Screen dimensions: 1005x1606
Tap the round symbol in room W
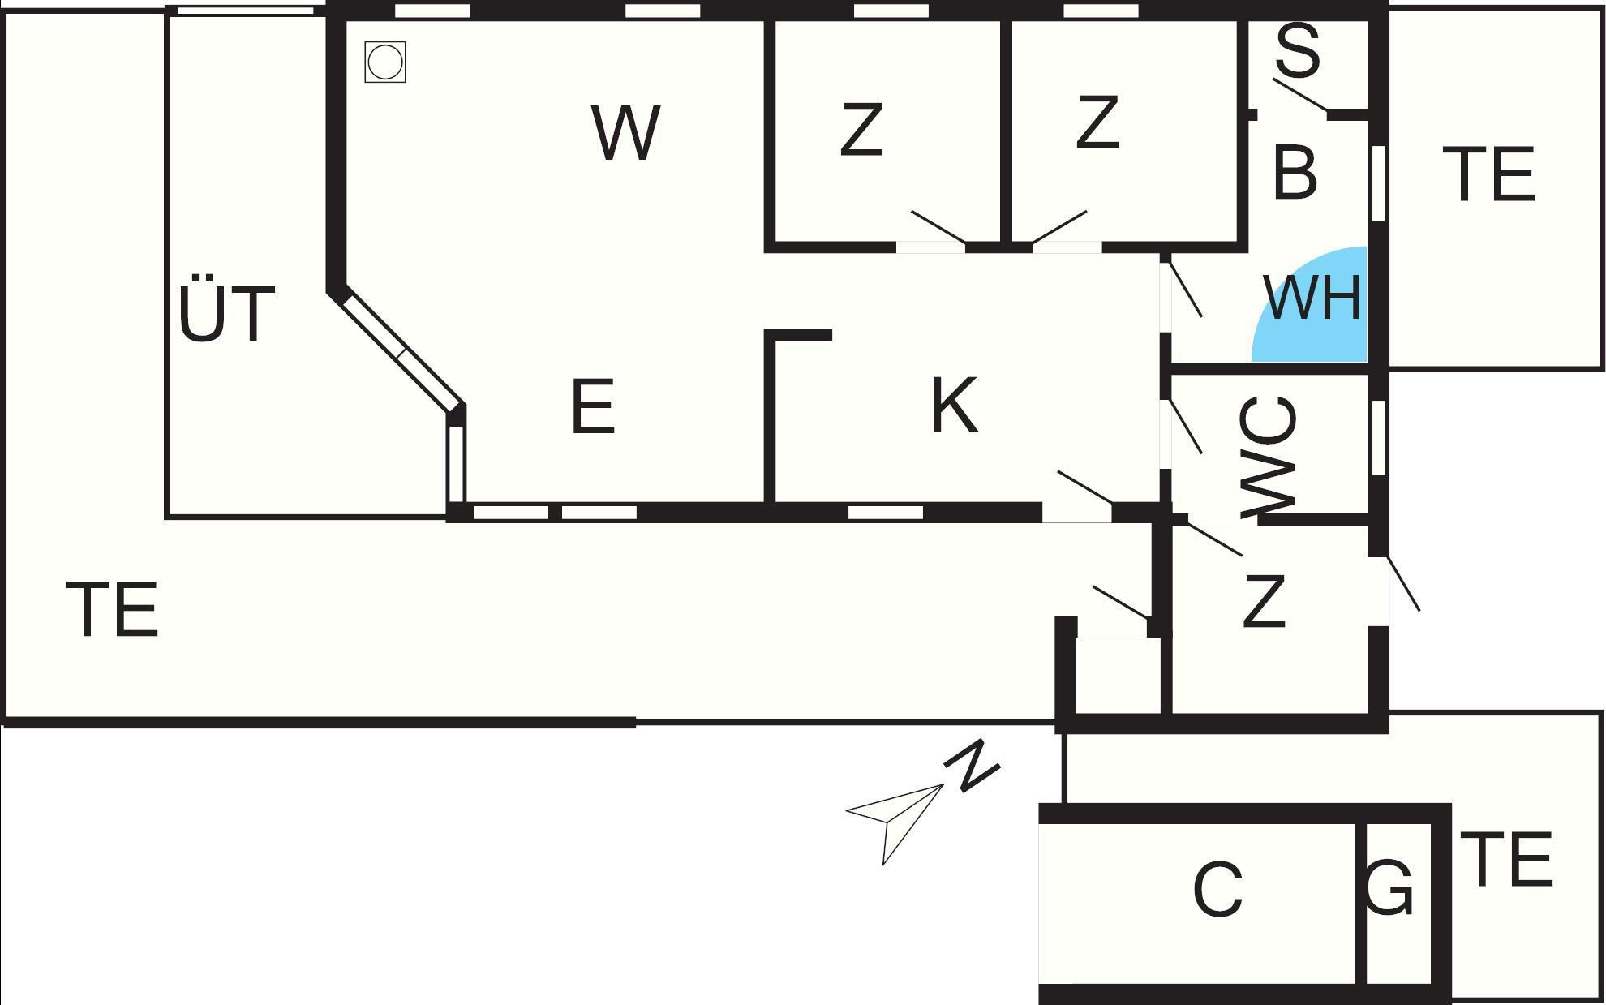(384, 62)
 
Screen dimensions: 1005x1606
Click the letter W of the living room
(625, 132)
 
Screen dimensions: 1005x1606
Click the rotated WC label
(1269, 456)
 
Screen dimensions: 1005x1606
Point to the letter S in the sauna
(1298, 50)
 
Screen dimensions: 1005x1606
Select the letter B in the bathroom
(1295, 172)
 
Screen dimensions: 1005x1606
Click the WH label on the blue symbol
(1312, 298)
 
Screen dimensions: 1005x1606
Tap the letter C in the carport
(1218, 890)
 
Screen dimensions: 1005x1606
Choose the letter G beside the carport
(1389, 888)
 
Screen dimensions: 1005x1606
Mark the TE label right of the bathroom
(1489, 174)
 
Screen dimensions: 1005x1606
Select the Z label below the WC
(1265, 601)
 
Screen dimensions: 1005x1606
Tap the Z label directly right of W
(861, 130)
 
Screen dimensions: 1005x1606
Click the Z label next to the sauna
(1097, 122)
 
